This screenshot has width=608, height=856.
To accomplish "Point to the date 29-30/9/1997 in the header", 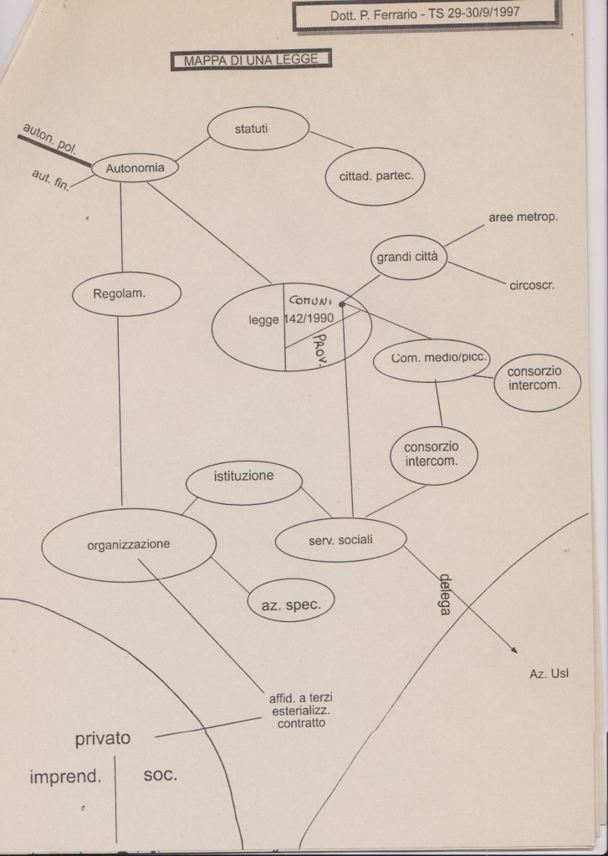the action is [x=483, y=13].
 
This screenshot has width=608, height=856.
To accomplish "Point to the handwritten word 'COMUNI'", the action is [x=310, y=300].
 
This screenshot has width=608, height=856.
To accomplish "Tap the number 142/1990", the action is [x=309, y=318].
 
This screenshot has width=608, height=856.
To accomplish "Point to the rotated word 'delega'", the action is [x=446, y=594].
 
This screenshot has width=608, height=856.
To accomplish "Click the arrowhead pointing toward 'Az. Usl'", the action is [x=514, y=650].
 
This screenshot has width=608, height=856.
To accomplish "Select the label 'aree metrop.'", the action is [x=524, y=217].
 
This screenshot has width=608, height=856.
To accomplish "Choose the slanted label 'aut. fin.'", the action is [x=51, y=181].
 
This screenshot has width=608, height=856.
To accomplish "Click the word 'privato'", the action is [x=103, y=739].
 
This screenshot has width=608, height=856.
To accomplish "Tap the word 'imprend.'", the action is [x=65, y=777].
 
